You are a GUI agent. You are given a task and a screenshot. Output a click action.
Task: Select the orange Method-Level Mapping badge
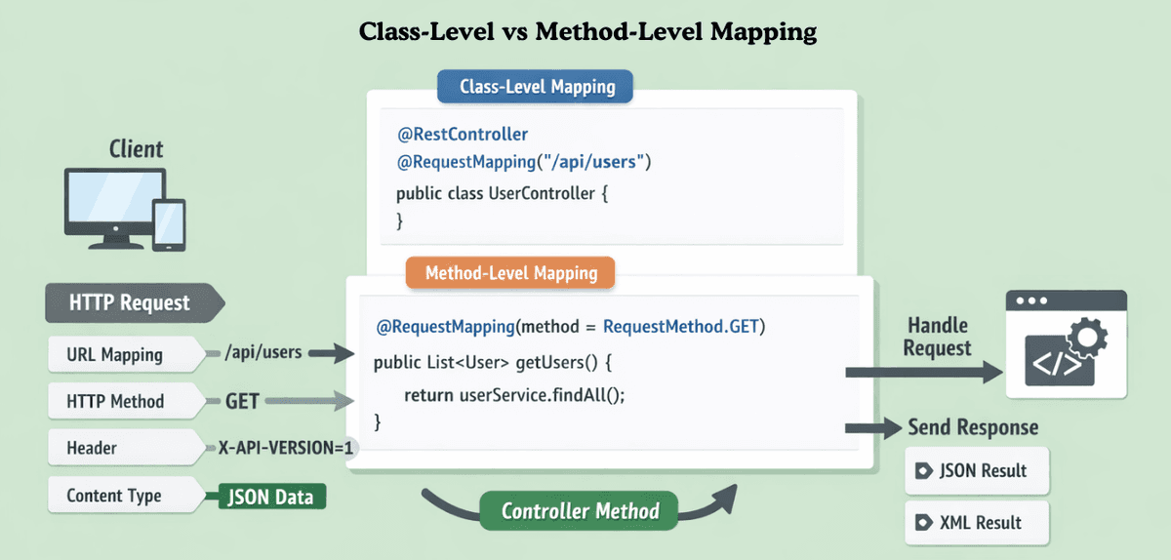pyautogui.click(x=510, y=272)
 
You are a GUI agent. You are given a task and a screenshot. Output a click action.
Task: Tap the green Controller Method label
pyautogui.click(x=580, y=511)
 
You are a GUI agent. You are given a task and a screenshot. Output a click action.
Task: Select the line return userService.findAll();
pyautogui.click(x=513, y=394)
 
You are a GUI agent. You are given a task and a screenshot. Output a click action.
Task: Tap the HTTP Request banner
pyautogui.click(x=130, y=302)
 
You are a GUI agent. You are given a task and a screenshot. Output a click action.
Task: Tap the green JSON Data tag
pyautogui.click(x=270, y=497)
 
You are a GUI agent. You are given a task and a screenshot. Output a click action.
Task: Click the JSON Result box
pyautogui.click(x=977, y=471)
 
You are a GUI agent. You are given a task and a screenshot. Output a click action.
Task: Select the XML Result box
pyautogui.click(x=977, y=522)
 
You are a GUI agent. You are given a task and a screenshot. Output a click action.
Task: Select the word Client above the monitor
pyautogui.click(x=136, y=149)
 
